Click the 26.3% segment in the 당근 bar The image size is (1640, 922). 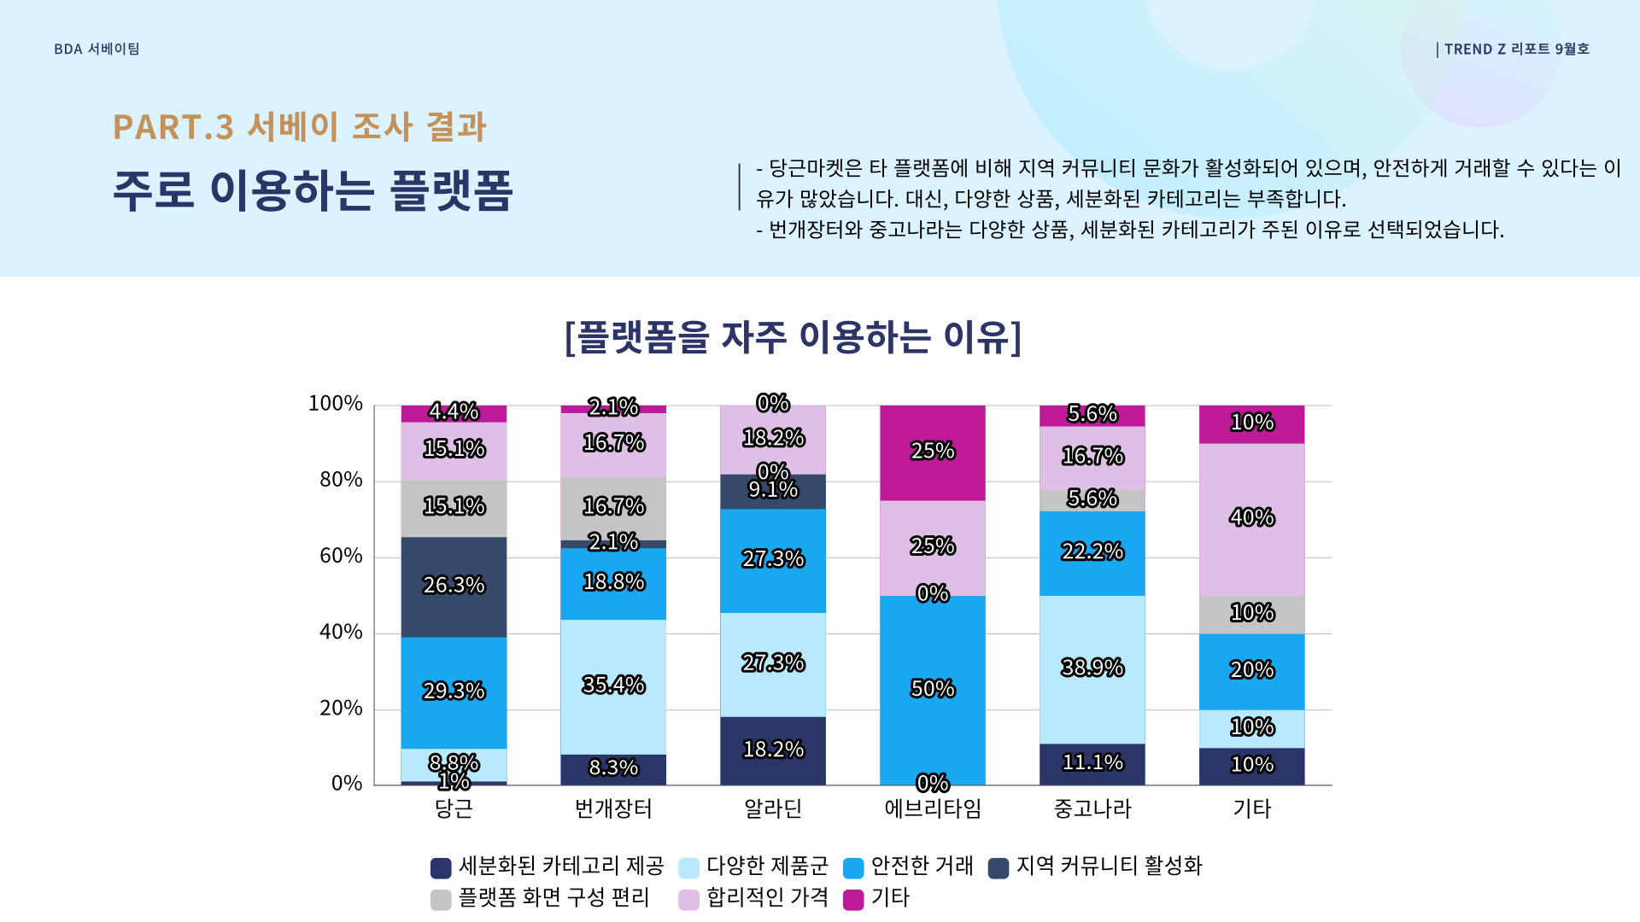454,586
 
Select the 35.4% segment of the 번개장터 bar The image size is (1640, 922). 613,686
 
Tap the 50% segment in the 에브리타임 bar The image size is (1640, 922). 932,690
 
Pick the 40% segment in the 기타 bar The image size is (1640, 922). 1251,519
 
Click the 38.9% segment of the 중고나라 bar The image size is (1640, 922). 1092,668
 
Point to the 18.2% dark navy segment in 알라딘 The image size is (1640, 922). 773,750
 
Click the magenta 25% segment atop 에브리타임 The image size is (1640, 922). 932,452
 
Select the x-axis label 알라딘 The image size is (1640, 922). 773,808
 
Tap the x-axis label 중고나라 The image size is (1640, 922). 1092,808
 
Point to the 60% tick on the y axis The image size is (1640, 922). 341,557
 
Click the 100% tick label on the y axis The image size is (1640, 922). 335,404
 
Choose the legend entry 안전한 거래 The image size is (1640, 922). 921,867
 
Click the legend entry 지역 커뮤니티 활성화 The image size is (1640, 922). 1108,867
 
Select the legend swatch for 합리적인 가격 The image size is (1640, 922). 688,900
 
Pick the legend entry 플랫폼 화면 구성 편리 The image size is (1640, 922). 553,898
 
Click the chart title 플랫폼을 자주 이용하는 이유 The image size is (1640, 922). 793,337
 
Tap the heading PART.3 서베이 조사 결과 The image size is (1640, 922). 299,127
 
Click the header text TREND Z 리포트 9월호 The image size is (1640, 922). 1516,50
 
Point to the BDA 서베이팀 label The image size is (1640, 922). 97,50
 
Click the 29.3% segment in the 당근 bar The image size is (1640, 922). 454,691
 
